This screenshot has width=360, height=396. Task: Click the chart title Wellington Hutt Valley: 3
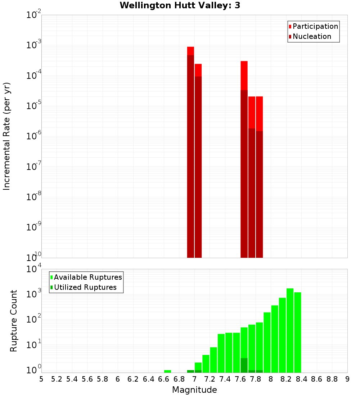coord(180,5)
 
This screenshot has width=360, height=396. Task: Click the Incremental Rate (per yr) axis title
coord(6,136)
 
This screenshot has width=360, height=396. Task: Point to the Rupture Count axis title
coord(14,321)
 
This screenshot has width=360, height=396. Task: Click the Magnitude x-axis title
coord(194,390)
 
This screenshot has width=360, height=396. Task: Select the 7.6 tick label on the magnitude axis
coord(240,379)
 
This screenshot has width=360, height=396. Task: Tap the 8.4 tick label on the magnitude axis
coord(301,379)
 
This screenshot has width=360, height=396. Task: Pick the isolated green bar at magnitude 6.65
coord(167,371)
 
